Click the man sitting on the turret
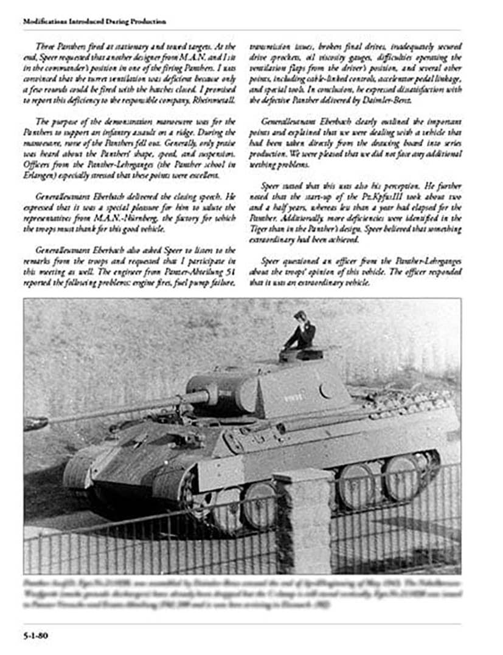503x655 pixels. coord(302,332)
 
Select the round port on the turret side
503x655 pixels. coord(327,390)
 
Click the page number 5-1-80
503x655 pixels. coord(36,636)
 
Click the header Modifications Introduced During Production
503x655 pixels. coord(94,21)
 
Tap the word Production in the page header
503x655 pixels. coord(147,21)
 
